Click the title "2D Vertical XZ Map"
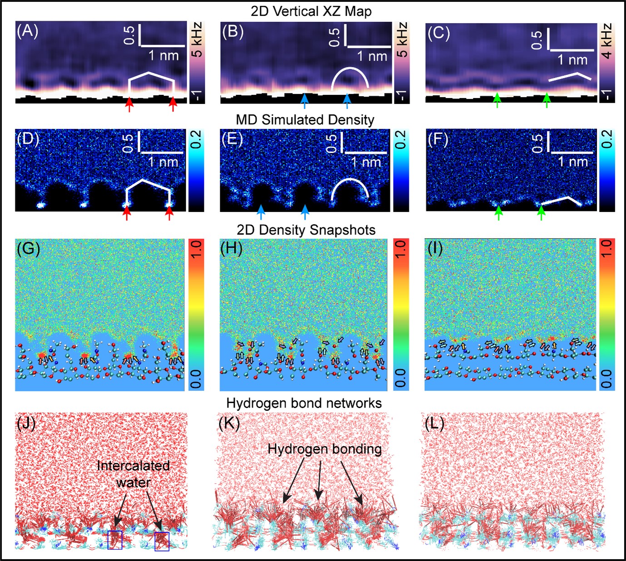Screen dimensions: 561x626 [311, 11]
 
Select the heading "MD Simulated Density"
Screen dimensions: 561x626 [305, 120]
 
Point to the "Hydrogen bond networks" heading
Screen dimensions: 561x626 [304, 403]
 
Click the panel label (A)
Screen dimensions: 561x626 [27, 32]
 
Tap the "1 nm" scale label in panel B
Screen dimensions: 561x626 [372, 56]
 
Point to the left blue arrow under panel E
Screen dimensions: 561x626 [261, 212]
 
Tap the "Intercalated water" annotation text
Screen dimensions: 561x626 [133, 474]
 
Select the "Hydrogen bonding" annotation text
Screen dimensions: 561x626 [324, 449]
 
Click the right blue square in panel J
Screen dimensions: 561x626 [162, 541]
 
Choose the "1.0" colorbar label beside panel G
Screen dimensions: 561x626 [196, 250]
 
